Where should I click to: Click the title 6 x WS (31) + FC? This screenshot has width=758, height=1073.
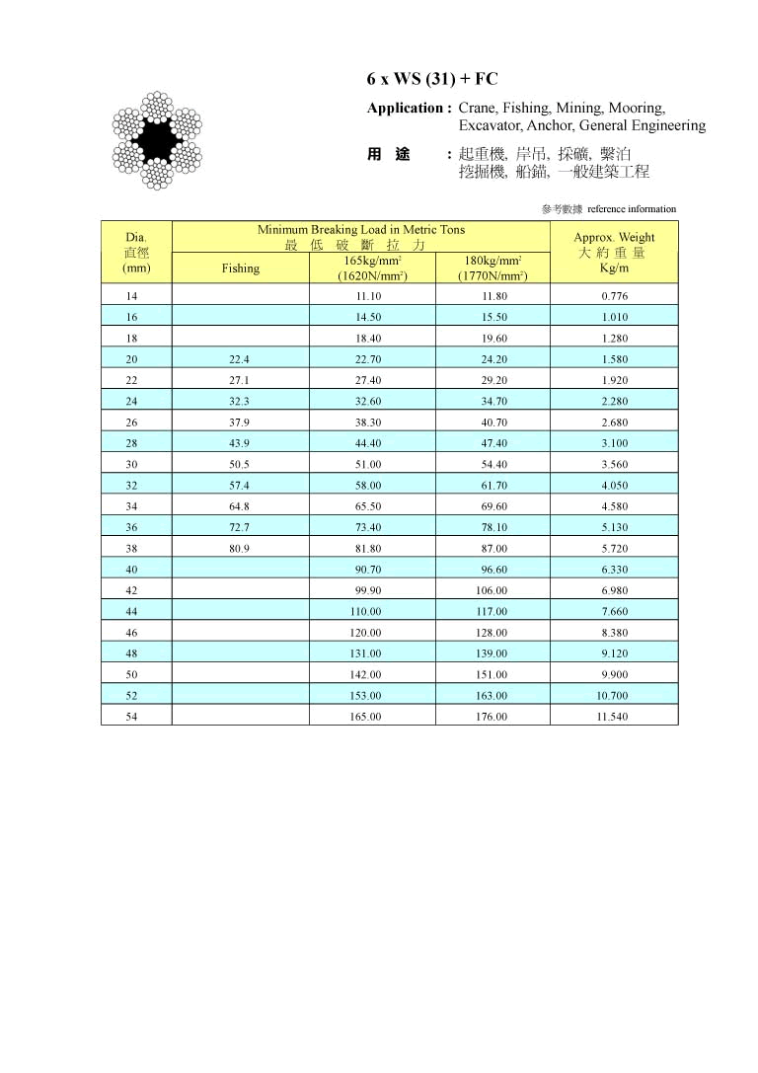(x=432, y=79)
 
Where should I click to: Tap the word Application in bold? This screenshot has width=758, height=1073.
(x=405, y=108)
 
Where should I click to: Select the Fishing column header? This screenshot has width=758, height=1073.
(x=241, y=268)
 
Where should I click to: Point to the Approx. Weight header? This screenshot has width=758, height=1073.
(x=614, y=238)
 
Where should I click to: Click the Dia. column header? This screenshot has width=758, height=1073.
(x=136, y=238)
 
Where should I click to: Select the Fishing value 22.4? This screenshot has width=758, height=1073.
(x=241, y=359)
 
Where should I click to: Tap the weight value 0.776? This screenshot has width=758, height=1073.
(x=614, y=296)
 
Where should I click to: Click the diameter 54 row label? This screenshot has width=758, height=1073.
(x=132, y=717)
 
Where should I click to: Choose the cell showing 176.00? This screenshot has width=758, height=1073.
(x=493, y=717)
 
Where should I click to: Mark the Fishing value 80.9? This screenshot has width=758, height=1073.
(x=241, y=548)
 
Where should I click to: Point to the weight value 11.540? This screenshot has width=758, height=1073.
(x=613, y=717)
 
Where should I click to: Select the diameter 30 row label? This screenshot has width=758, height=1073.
(x=132, y=464)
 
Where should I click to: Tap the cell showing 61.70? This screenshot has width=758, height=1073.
(x=493, y=486)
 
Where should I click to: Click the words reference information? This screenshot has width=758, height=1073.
(x=632, y=209)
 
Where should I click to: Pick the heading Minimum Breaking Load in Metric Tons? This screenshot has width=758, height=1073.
(x=361, y=229)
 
